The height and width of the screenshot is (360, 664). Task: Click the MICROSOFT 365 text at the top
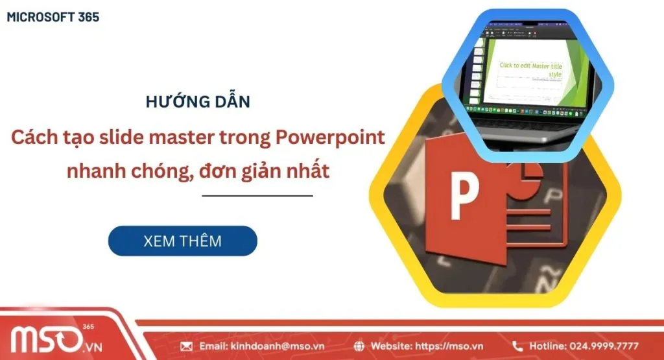(53, 18)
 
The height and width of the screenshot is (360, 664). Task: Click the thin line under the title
(257, 195)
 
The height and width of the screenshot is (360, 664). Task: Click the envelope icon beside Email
(186, 346)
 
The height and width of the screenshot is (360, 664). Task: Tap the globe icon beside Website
(360, 346)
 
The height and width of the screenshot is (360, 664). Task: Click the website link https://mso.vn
(449, 346)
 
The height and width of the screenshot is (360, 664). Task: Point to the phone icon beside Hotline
(517, 346)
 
